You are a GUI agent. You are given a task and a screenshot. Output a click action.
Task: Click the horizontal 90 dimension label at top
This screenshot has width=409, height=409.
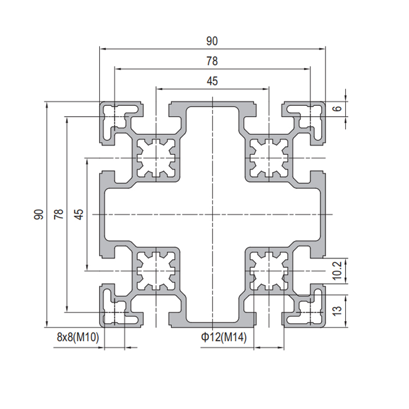tap(212, 41)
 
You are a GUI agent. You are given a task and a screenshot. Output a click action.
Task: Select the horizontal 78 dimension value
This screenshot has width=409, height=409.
tap(212, 61)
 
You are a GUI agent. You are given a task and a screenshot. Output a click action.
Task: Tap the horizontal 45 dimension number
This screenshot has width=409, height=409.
tap(212, 81)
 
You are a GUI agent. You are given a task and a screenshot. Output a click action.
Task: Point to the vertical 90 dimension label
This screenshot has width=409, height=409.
tap(39, 214)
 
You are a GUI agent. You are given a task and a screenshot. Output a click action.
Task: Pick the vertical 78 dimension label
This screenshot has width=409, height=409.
tap(59, 214)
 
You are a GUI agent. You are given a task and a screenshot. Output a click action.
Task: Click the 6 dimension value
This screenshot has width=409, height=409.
tap(338, 109)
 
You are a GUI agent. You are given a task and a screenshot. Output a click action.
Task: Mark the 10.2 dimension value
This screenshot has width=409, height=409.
tap(337, 270)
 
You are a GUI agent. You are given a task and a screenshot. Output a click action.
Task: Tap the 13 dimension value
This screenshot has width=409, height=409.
tap(337, 310)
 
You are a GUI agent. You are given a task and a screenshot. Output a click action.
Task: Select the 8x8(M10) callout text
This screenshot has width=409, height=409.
tap(78, 337)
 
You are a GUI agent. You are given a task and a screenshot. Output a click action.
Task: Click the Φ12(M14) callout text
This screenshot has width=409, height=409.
tap(224, 337)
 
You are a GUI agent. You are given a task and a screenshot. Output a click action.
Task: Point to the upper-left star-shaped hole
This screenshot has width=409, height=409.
tap(156, 158)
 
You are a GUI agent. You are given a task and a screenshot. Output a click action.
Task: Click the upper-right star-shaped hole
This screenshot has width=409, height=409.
tap(269, 158)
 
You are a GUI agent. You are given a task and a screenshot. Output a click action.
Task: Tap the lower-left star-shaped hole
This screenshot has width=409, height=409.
tap(156, 271)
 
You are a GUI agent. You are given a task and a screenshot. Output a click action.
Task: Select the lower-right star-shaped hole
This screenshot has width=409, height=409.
tap(269, 271)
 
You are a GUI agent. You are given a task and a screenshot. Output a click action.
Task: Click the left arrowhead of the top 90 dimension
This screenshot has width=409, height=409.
tap(103, 49)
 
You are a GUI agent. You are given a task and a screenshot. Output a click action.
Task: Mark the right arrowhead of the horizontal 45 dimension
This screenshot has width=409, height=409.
tap(266, 89)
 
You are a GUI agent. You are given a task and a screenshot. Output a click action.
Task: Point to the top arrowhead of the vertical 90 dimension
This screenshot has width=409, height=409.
tap(47, 104)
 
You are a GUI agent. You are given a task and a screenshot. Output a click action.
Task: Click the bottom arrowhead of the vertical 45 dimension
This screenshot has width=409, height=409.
tap(87, 268)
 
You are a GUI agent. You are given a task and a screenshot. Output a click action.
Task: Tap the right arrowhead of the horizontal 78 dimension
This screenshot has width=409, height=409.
tap(307, 69)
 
